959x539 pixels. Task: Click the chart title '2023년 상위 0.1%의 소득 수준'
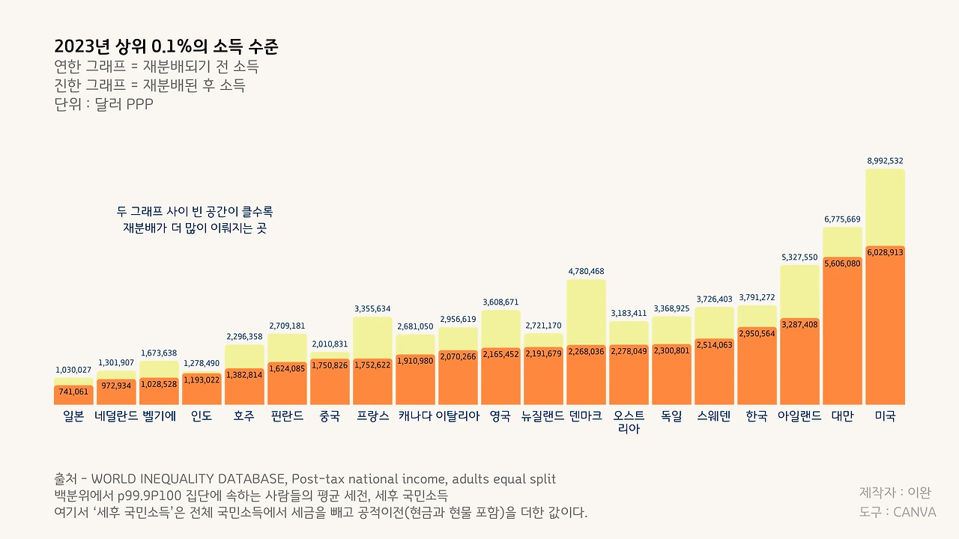click(x=166, y=47)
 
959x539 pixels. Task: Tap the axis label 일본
click(x=73, y=416)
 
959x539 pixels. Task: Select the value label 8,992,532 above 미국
click(x=885, y=160)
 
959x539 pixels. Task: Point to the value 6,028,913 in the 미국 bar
click(x=885, y=253)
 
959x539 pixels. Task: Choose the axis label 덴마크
click(x=586, y=416)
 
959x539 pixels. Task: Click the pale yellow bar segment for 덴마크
click(x=586, y=311)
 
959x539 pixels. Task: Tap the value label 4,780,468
click(x=586, y=271)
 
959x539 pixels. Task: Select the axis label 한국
click(x=757, y=416)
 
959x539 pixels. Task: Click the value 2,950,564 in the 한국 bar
click(x=757, y=334)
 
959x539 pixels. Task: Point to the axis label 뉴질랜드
click(x=543, y=416)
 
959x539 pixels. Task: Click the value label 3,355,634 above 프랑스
click(x=372, y=308)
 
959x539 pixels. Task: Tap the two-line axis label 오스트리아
click(x=629, y=422)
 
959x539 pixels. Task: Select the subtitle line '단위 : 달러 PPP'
click(x=103, y=104)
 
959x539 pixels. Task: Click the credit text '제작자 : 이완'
click(x=895, y=493)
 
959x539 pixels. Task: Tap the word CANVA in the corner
click(x=915, y=512)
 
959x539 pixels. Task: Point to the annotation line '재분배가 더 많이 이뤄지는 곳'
click(x=195, y=228)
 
